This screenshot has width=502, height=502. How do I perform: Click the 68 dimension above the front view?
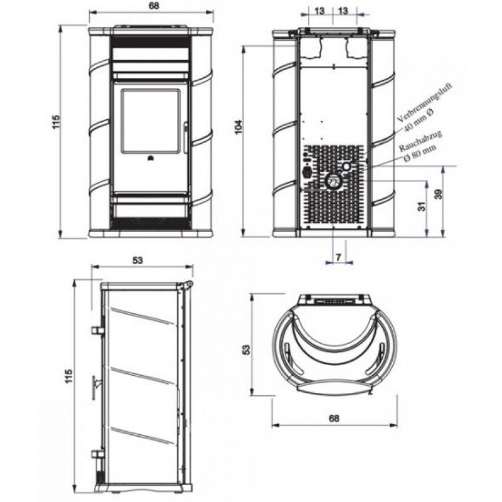(154, 6)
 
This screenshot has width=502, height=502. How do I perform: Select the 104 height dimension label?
(239, 127)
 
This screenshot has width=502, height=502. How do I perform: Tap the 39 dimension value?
(439, 194)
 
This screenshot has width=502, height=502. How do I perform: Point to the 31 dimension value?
(423, 206)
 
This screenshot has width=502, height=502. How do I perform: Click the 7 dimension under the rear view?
(339, 257)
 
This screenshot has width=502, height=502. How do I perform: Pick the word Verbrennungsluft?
(425, 102)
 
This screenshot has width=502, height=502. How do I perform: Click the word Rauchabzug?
(420, 141)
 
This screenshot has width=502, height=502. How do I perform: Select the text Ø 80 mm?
(420, 153)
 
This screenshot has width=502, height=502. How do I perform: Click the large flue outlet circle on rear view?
(333, 181)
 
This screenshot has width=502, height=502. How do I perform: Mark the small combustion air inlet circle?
(347, 166)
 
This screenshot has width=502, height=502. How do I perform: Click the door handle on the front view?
(186, 137)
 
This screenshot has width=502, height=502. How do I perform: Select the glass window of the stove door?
(150, 121)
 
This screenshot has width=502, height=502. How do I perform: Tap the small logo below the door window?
(149, 158)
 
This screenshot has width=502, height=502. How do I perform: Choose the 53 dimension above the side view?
(137, 260)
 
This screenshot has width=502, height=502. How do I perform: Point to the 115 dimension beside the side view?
(69, 376)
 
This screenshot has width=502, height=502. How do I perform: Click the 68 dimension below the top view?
(334, 418)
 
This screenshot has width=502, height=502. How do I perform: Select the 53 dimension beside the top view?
(247, 350)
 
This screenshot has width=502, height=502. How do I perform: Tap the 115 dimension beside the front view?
(56, 122)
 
